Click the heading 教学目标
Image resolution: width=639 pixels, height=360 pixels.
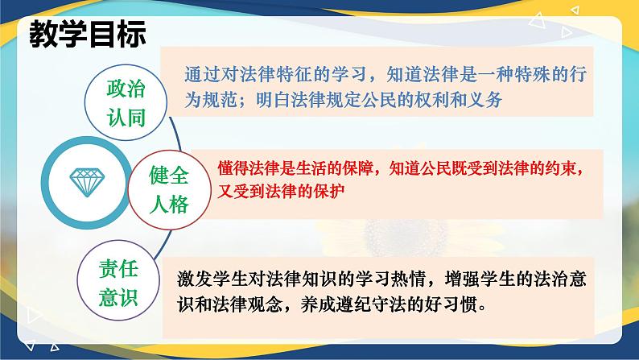click(x=88, y=34)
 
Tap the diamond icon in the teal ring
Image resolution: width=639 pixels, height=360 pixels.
click(x=87, y=182)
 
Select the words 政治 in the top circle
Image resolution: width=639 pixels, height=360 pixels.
click(x=126, y=89)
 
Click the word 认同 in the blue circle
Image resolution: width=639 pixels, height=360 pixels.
click(x=126, y=118)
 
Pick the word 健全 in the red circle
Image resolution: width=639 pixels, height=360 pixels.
click(x=169, y=176)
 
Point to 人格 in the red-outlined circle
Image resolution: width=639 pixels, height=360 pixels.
click(x=169, y=205)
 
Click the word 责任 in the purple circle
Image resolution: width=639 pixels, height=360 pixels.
click(x=118, y=269)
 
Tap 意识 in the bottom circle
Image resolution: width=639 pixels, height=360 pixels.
click(x=118, y=298)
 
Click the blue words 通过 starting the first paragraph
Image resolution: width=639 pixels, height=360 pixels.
click(x=202, y=74)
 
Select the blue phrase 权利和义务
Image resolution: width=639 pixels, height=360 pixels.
click(x=459, y=100)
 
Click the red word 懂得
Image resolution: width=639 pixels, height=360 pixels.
click(x=233, y=168)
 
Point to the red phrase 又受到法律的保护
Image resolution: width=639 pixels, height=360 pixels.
click(x=281, y=191)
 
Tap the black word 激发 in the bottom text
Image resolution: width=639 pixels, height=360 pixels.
click(x=195, y=279)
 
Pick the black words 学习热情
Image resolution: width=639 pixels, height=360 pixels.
click(x=390, y=279)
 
